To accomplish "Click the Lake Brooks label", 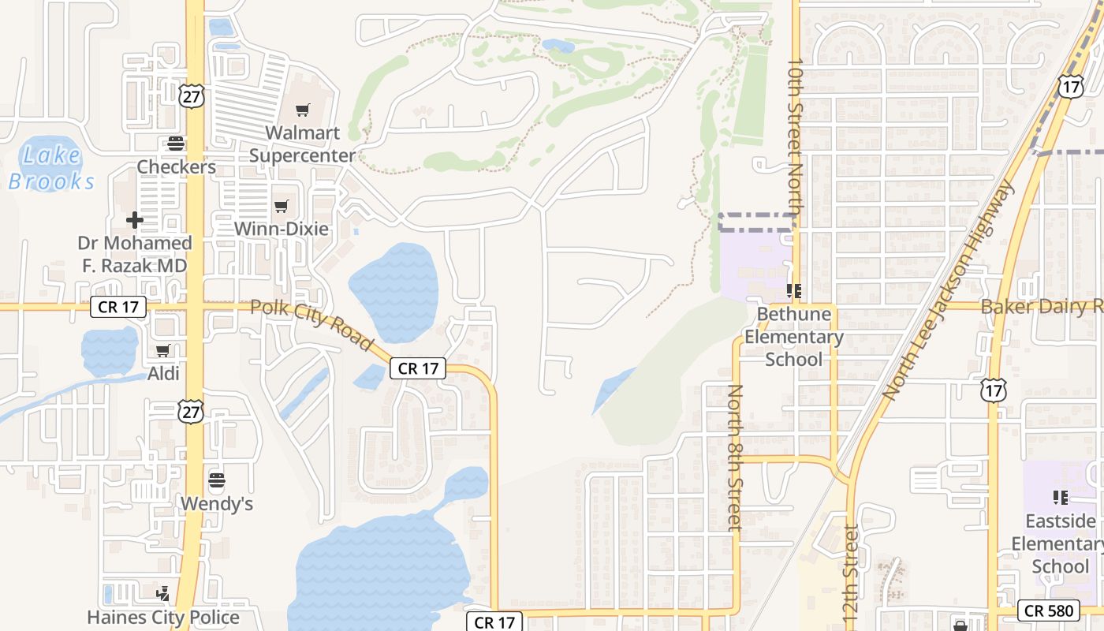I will pos(52,168).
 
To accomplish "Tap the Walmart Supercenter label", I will pos(303,144).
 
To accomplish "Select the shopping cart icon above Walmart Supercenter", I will pos(303,110).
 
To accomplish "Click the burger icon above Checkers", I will pos(175,144).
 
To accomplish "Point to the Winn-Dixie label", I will pos(282,229).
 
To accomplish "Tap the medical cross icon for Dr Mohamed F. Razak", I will pos(135,220).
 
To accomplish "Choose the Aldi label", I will pos(163,373).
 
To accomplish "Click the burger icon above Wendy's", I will pos(217,480).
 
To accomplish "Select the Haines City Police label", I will pos(163,617).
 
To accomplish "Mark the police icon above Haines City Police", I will pos(163,593).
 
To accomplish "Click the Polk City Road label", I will pos(311,324).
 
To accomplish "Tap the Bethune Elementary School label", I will pos(794,337).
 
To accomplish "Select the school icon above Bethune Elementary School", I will pos(794,292).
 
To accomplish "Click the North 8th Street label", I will pos(734,457).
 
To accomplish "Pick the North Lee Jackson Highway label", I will pos(948,289).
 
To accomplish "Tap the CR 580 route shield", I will pos(1048,610).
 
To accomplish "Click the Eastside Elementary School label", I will pos(1060,543).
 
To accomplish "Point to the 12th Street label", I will pos(851,576).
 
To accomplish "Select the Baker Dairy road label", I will pos(1041,307).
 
